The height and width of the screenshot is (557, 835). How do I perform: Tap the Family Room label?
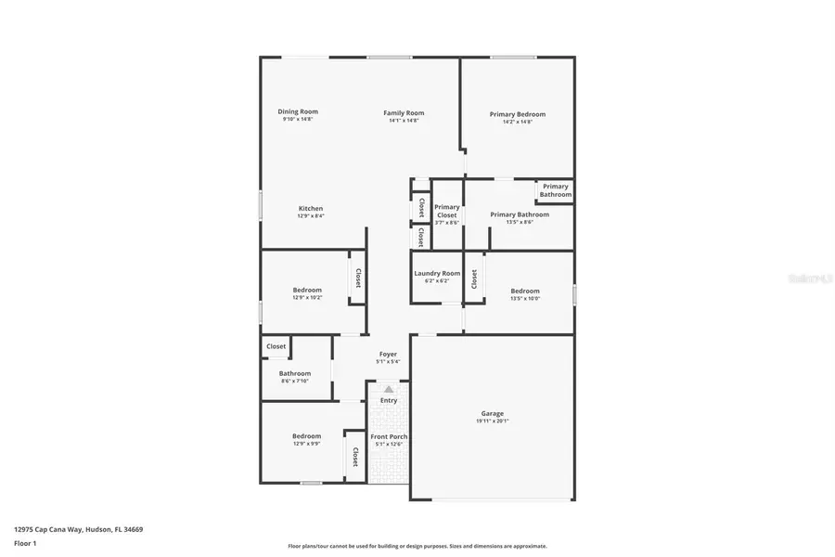(x=404, y=113)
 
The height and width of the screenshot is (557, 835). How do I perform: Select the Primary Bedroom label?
(x=518, y=114)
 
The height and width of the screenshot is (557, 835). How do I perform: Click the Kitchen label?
(x=311, y=208)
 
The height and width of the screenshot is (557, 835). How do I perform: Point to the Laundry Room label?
(x=437, y=273)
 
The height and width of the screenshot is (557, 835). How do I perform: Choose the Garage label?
(x=492, y=413)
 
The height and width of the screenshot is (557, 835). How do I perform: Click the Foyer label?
(x=388, y=354)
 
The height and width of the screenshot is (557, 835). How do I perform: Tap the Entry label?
(x=388, y=400)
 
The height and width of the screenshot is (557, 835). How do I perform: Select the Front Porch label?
(x=389, y=436)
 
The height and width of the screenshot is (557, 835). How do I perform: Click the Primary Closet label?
(x=447, y=211)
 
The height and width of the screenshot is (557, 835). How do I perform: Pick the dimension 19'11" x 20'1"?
(x=492, y=421)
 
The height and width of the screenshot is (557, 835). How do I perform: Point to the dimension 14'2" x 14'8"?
(x=518, y=122)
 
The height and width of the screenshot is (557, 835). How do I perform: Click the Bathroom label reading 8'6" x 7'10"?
(x=295, y=373)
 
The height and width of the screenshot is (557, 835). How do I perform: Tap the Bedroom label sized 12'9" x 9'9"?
(x=306, y=435)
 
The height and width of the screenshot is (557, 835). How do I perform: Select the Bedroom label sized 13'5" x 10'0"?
(x=525, y=291)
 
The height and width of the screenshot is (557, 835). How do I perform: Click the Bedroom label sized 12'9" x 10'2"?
(x=307, y=290)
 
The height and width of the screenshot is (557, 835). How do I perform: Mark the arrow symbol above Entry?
(x=388, y=390)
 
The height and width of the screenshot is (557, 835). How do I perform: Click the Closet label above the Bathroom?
(x=276, y=346)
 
